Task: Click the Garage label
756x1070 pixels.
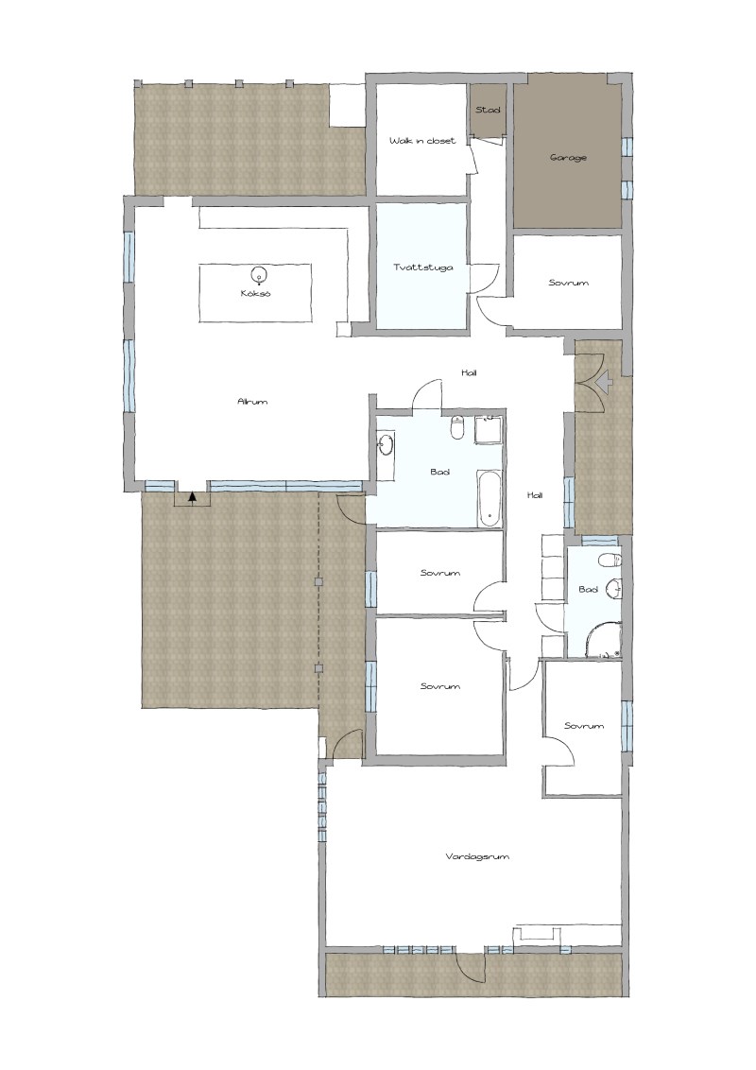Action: (568, 158)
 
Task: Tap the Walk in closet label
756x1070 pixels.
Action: (422, 141)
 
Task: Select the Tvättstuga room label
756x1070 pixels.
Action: (423, 267)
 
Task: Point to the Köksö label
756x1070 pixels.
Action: (256, 293)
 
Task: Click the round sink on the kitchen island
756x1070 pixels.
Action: (258, 275)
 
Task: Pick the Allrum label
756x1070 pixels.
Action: (252, 401)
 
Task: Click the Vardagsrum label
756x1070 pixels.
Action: (477, 856)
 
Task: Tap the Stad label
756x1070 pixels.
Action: (488, 110)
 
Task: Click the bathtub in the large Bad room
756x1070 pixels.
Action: (490, 498)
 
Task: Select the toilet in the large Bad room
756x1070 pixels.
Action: (457, 427)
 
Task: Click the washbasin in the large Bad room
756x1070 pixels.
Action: (386, 445)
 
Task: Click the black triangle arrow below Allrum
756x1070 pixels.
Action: (193, 497)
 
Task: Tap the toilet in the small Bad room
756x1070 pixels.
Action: (610, 561)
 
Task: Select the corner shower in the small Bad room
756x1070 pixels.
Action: (603, 641)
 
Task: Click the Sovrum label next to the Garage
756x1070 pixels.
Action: (568, 283)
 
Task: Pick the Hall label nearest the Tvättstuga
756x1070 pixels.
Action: (469, 372)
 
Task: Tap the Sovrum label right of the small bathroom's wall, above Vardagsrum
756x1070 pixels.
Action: (584, 725)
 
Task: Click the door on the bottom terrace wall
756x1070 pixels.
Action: (471, 968)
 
